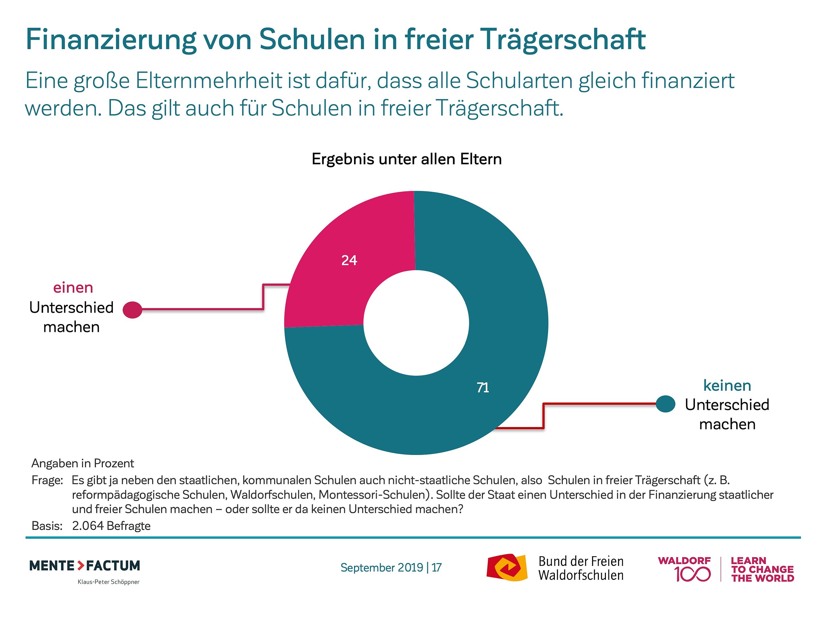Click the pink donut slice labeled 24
(329, 284)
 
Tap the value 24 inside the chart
(349, 260)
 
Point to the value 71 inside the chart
(483, 387)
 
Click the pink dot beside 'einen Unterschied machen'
(133, 310)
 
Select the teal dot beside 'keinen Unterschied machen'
(666, 404)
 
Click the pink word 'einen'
(73, 288)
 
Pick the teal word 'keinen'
(727, 385)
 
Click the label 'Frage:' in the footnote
(47, 480)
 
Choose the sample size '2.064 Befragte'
(111, 526)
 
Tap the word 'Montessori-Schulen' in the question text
(374, 495)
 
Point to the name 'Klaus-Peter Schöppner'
(109, 582)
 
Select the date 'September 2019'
(382, 568)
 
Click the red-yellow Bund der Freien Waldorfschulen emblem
(507, 567)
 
